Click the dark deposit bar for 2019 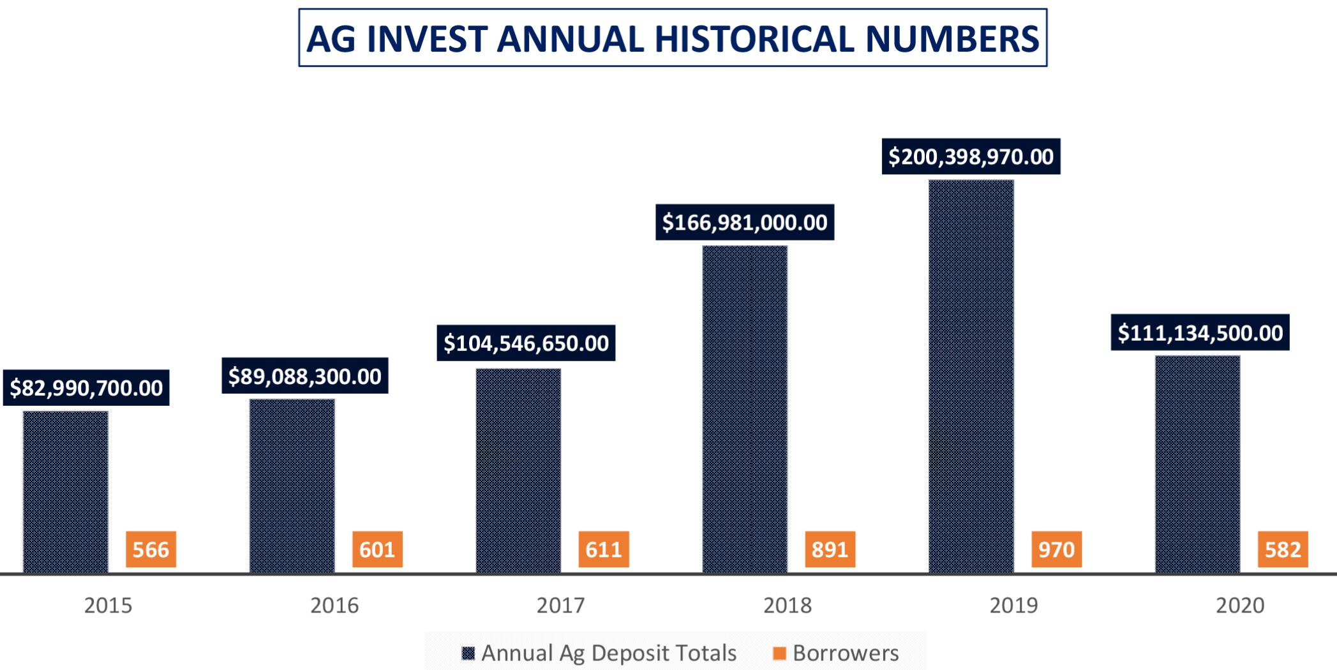click(x=971, y=376)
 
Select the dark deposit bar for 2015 click(x=66, y=492)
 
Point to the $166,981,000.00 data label click(x=745, y=222)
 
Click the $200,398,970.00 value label click(x=971, y=156)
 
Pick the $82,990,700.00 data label click(x=86, y=387)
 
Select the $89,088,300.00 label click(x=305, y=376)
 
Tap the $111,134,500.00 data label click(x=1200, y=332)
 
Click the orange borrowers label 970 click(x=1056, y=549)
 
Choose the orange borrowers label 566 click(x=151, y=549)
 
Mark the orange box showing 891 click(x=830, y=549)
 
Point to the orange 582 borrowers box click(x=1283, y=549)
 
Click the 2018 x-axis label click(x=788, y=605)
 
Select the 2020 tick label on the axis click(x=1240, y=605)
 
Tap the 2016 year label click(x=334, y=605)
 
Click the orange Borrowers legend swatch click(x=779, y=653)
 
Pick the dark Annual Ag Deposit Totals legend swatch click(x=468, y=653)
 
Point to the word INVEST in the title click(x=427, y=39)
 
